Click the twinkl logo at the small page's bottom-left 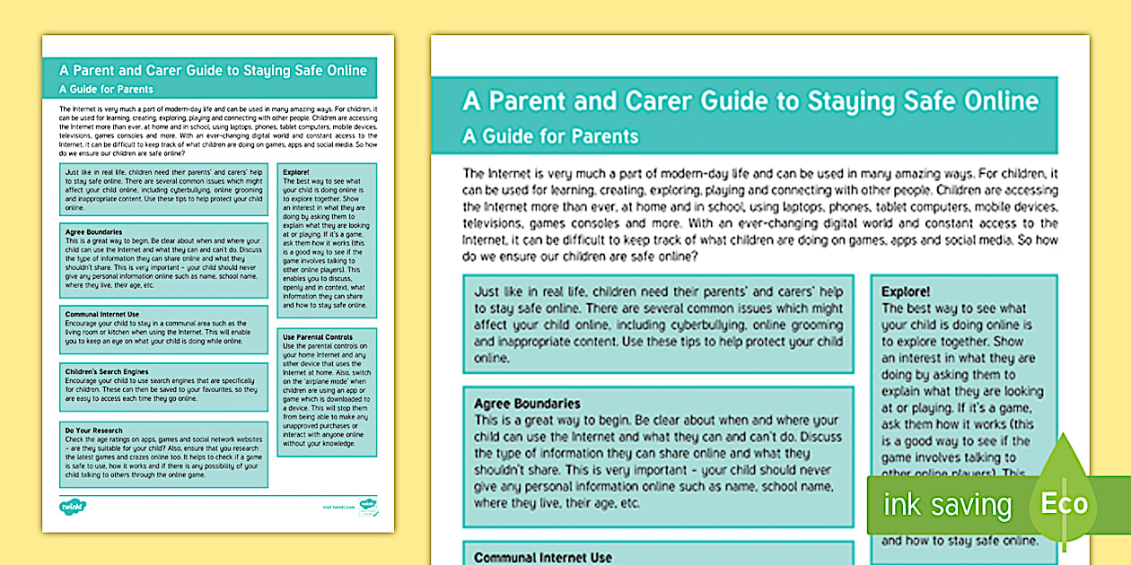[x=71, y=506]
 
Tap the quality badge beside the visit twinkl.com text [x=368, y=508]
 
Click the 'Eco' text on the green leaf [x=1064, y=502]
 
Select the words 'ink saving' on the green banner [x=947, y=505]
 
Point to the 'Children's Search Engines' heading [x=106, y=370]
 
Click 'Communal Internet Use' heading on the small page [x=101, y=314]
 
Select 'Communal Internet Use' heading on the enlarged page [x=543, y=557]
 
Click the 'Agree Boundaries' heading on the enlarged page [x=527, y=404]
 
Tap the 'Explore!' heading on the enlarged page [x=906, y=291]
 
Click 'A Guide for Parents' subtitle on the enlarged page [x=550, y=136]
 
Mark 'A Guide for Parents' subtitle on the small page [x=106, y=89]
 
